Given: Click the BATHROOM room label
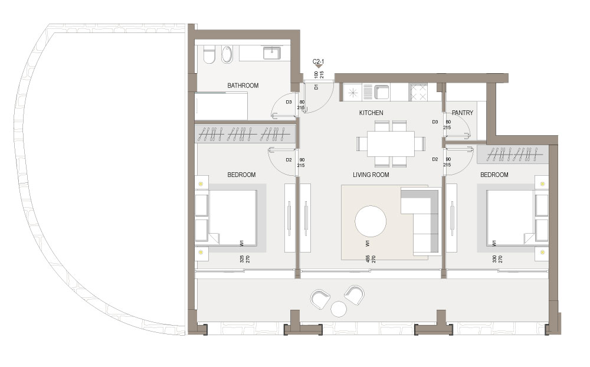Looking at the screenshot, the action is coord(242,86).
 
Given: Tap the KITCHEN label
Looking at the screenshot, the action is coord(371,113).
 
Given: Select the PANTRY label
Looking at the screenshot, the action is coord(463,113).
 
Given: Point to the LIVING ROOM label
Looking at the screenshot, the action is coord(371,175).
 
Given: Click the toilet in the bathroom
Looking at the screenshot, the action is coord(209,55).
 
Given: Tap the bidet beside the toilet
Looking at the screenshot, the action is coord(227,55).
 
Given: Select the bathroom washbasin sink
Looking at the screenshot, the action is coord(271,53).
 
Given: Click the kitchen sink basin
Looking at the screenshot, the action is coord(381,92).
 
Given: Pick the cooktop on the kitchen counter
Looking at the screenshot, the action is coord(418,92).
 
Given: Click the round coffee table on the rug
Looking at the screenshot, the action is coord(371,221).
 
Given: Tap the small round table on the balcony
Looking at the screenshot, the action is coord(339,309).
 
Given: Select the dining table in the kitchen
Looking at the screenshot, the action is coord(391,143).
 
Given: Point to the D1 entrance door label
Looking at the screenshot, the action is coord(316,87).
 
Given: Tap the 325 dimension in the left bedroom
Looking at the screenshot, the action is coord(241,259).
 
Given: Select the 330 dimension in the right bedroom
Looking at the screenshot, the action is coord(494,259).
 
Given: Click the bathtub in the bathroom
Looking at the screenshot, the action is coord(221,106).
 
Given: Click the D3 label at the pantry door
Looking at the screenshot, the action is coord(435,122).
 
